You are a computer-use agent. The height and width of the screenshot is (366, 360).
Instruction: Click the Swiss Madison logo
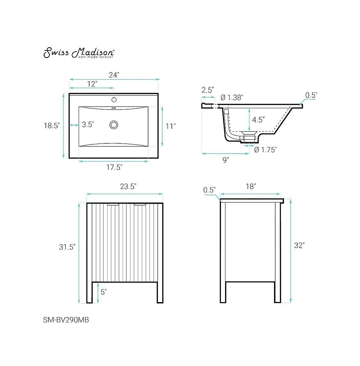(x=79, y=53)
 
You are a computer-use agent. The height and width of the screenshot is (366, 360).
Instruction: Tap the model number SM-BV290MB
(x=62, y=320)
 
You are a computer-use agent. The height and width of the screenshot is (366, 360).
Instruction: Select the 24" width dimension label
(x=114, y=75)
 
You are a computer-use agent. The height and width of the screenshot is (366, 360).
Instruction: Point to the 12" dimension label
(x=92, y=84)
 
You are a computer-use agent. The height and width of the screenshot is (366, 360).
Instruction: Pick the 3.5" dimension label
(x=88, y=125)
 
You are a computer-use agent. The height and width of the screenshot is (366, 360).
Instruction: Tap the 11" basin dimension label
(x=170, y=126)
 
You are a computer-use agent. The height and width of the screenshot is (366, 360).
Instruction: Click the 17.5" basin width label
(x=114, y=167)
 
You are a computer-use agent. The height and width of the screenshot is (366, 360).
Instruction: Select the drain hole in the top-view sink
(x=114, y=124)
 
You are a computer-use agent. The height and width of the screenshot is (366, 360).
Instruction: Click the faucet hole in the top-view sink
(x=114, y=99)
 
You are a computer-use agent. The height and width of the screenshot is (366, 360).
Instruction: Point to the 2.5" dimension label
(x=207, y=89)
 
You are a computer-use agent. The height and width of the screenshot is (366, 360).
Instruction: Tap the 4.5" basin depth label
(x=258, y=120)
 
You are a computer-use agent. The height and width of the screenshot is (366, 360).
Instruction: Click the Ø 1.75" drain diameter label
(x=265, y=150)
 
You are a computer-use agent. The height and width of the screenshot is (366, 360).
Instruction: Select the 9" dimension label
(x=225, y=160)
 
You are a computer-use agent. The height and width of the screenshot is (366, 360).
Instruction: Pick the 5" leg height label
(x=103, y=292)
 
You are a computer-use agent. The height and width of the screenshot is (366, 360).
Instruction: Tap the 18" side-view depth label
(x=251, y=186)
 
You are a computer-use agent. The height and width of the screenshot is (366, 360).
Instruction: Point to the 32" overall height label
(x=299, y=245)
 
